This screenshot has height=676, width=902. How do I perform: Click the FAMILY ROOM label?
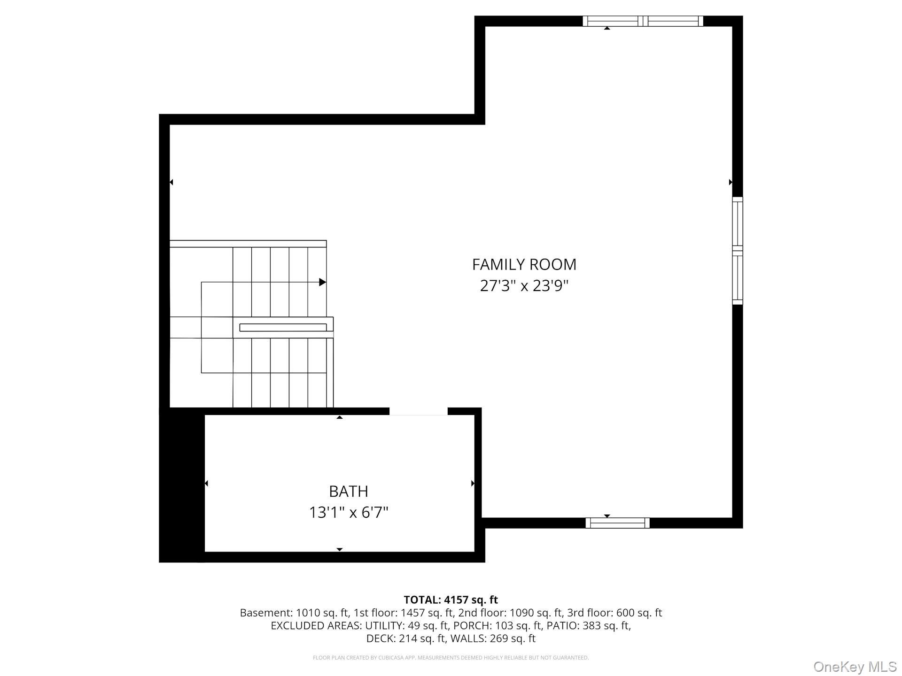[524, 264]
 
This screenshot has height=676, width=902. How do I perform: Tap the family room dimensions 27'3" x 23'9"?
[524, 285]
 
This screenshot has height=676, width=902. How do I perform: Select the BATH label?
[348, 491]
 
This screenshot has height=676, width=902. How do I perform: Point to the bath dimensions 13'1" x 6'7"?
[348, 512]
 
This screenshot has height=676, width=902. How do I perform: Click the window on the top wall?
[643, 21]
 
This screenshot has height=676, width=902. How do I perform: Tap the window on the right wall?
[738, 251]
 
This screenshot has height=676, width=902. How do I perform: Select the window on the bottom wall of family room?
[617, 523]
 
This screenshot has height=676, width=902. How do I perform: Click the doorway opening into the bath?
[418, 412]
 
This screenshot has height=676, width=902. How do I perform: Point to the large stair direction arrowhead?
[322, 282]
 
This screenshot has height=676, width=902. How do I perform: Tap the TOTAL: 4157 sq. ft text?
[451, 599]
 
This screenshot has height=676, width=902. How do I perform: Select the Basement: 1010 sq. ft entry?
[294, 613]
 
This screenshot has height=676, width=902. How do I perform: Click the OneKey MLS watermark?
[855, 667]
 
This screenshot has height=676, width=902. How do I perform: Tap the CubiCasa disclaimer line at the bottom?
[451, 658]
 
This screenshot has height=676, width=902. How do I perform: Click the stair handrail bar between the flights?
[283, 327]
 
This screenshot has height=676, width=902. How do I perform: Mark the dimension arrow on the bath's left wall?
[206, 483]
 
